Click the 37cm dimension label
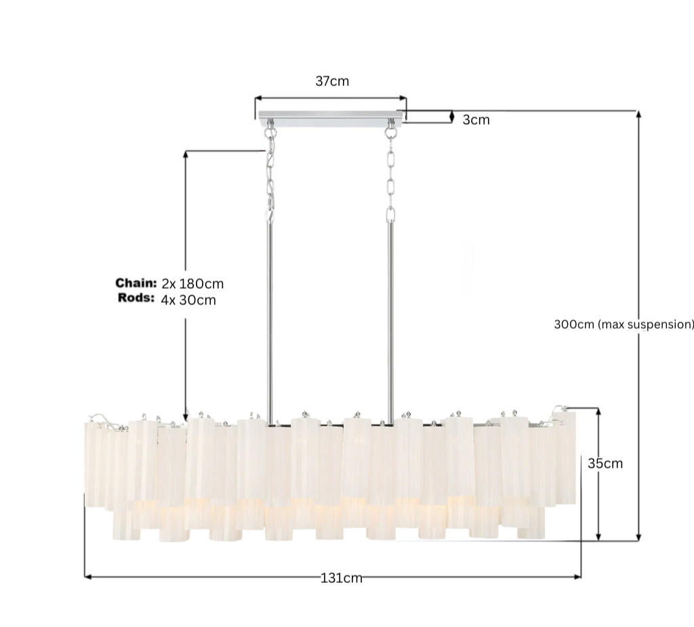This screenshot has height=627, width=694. tap(332, 81)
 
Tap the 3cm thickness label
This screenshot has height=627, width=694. tap(476, 120)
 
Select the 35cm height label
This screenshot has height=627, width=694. tap(605, 464)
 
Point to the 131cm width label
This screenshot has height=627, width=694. tap(342, 578)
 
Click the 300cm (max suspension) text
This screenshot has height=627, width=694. tap(624, 324)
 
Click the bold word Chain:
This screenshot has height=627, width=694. tap(136, 283)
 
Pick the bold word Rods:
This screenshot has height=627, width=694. tap(136, 298)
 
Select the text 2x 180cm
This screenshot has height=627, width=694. tap(192, 283)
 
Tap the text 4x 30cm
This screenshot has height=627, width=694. tap(188, 300)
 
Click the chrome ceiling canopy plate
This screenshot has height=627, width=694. tap(330, 119)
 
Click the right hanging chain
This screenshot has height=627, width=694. tap(390, 176)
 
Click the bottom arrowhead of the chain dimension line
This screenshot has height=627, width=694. tap(186, 418)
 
